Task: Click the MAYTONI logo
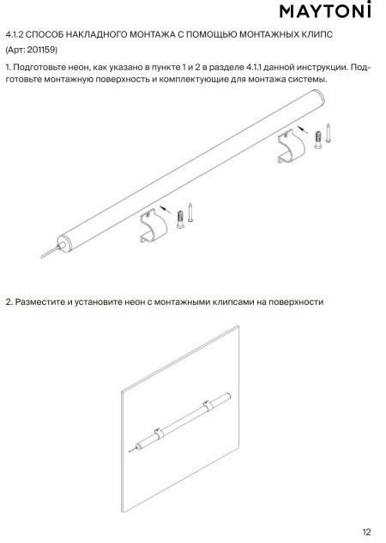[325, 10]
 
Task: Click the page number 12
[366, 532]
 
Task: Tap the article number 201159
[41, 50]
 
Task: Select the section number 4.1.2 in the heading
[15, 34]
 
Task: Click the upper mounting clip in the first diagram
[292, 146]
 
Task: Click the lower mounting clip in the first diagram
[154, 225]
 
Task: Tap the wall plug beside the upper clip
[317, 140]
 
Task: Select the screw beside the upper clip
[328, 133]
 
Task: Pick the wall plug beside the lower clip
[180, 219]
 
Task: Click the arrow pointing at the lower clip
[166, 209]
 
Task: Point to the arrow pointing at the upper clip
[303, 130]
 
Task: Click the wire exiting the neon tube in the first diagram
[51, 252]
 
